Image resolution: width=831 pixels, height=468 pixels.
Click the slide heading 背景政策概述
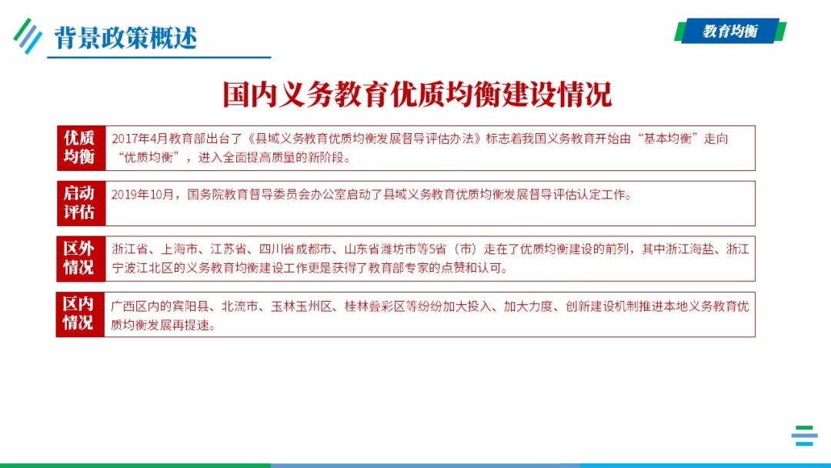(125, 36)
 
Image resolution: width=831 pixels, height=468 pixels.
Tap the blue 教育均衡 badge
(730, 32)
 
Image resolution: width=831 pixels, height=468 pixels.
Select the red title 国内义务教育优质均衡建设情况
(416, 95)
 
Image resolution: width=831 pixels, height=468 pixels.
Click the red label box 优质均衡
(80, 147)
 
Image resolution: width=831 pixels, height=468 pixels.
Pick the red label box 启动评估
(80, 203)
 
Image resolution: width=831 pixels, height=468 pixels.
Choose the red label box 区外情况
(80, 258)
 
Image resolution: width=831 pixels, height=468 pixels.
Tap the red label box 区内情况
(80, 314)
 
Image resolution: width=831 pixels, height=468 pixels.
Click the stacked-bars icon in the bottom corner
(804, 436)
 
